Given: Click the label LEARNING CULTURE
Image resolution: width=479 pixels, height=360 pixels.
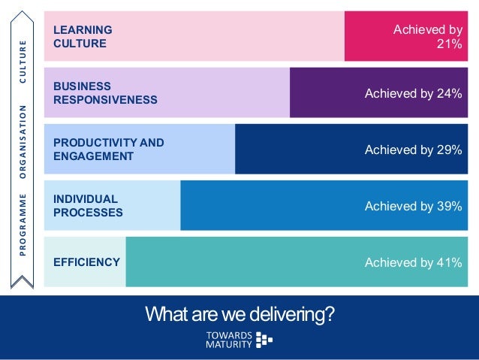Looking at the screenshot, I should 83,36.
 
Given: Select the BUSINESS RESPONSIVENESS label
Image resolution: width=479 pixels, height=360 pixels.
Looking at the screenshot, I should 105,92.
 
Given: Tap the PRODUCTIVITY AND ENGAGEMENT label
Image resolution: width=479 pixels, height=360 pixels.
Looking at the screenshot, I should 109,149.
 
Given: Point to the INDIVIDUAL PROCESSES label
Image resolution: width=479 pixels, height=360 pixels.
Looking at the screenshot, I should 88,205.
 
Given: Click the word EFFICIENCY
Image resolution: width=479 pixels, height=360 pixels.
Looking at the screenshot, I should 86,262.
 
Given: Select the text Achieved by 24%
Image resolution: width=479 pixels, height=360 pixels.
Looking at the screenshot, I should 413,93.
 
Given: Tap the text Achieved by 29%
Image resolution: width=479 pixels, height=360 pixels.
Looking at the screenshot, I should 413,150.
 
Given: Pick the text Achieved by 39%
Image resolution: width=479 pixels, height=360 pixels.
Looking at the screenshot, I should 413,206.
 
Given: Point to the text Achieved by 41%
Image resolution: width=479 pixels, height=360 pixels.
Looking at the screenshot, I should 413,262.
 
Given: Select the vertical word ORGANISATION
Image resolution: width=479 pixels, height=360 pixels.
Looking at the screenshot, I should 23,142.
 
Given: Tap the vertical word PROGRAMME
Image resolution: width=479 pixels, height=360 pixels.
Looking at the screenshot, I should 23,225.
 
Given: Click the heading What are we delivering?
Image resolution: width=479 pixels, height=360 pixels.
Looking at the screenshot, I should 239,313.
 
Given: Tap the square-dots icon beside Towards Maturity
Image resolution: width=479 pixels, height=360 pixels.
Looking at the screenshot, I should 264,340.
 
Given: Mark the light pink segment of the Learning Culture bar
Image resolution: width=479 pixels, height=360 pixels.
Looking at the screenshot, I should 225,36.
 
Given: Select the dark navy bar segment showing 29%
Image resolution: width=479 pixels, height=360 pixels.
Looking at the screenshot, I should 300,149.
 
